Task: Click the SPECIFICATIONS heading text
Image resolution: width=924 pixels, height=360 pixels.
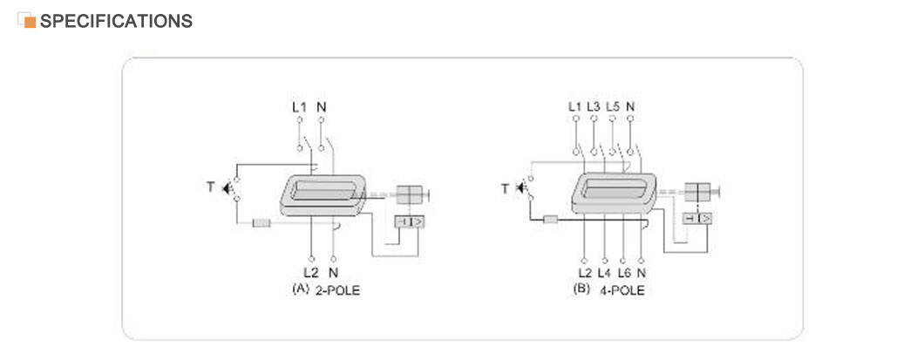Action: pos(116,21)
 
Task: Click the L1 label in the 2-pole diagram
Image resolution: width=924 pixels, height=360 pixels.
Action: pos(299,107)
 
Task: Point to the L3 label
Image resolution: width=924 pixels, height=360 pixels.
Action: pos(594,106)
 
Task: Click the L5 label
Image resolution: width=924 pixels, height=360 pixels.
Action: pos(613,106)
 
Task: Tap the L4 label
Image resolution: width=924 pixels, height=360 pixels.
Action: pos(605,273)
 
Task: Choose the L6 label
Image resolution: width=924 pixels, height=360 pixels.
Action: pos(624,273)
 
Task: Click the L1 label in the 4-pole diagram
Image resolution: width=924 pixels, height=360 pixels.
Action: pos(575,106)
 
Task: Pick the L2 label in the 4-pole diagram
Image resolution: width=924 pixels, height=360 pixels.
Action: pos(585,273)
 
